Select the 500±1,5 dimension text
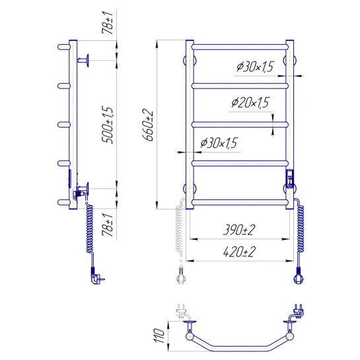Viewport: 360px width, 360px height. pyautogui.click(x=108, y=125)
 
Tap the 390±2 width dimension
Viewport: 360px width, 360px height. pyautogui.click(x=239, y=230)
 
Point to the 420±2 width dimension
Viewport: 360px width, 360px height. pyautogui.click(x=239, y=252)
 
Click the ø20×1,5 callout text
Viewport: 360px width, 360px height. pyautogui.click(x=250, y=102)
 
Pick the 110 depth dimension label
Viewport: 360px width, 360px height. pyautogui.click(x=159, y=336)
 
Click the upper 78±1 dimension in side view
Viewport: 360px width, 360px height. pyautogui.click(x=108, y=22)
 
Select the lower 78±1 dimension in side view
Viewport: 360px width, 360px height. pyautogui.click(x=108, y=225)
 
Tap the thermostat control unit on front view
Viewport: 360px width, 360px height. pyautogui.click(x=290, y=179)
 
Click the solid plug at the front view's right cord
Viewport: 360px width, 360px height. pyautogui.click(x=299, y=275)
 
